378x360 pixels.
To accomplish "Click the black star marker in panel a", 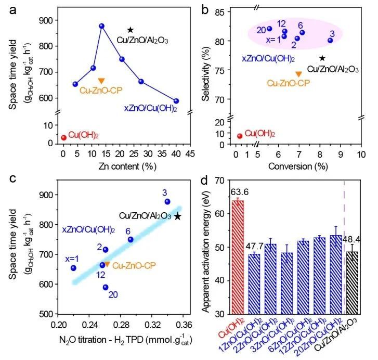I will [x=131, y=30].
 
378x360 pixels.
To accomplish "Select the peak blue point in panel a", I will [x=102, y=26].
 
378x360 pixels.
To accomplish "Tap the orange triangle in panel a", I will [x=101, y=81].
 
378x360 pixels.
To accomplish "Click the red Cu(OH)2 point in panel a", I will [x=64, y=138].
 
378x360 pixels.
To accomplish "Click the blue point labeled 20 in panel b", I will [x=269, y=29].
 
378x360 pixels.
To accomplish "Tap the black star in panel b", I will [x=322, y=58].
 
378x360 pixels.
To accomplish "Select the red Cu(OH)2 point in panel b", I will [x=240, y=136].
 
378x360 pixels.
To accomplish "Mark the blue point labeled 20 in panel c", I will [x=106, y=287].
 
